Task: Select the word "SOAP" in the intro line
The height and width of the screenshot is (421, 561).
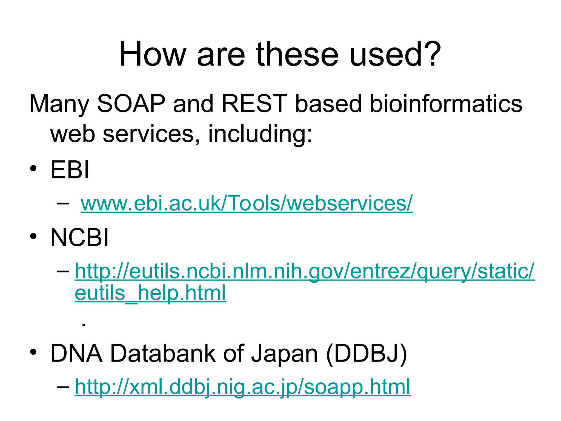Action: click(131, 104)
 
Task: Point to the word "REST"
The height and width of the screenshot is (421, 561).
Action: click(254, 104)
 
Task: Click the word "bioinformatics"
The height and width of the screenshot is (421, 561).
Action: click(446, 104)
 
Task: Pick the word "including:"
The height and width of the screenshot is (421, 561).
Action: click(260, 134)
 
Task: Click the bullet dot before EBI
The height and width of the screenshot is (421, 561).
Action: click(33, 169)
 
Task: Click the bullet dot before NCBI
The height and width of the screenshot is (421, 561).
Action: click(33, 237)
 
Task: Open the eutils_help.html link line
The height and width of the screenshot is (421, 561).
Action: click(150, 293)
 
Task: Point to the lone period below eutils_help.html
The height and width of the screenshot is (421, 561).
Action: click(84, 325)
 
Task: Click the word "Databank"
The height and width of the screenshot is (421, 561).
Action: click(163, 354)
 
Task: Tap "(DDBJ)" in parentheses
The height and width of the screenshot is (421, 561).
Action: click(367, 354)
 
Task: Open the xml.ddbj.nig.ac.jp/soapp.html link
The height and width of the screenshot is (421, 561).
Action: click(243, 386)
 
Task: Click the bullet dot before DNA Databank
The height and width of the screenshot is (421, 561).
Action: click(33, 352)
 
